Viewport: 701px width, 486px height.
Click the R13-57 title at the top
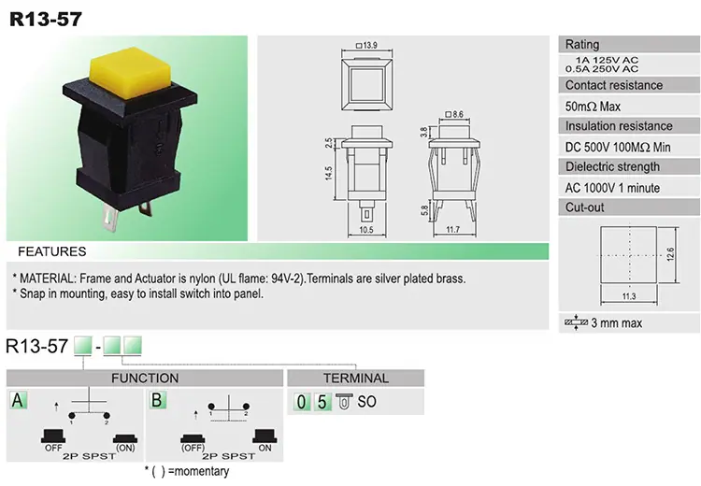[46, 20]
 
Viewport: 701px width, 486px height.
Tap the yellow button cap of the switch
[130, 72]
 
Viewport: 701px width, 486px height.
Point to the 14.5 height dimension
[329, 173]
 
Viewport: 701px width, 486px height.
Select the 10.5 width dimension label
[366, 230]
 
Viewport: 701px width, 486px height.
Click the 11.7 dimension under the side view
[453, 229]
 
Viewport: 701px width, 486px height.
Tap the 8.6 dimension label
[454, 114]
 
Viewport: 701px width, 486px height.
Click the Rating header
[582, 44]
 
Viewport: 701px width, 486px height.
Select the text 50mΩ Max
[593, 107]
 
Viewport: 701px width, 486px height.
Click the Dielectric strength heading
[612, 166]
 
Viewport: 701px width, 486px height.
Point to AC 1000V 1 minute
[612, 188]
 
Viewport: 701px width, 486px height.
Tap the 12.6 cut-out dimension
[670, 254]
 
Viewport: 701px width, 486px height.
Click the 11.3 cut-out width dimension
[629, 296]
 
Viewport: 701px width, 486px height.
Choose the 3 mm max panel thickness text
[617, 322]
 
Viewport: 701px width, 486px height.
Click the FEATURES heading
[51, 251]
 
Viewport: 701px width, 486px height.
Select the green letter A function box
[18, 400]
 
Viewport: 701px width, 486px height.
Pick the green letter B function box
[157, 400]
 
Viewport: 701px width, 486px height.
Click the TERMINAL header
[356, 379]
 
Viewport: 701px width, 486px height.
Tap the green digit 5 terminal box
[322, 402]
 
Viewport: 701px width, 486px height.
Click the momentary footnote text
[187, 471]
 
